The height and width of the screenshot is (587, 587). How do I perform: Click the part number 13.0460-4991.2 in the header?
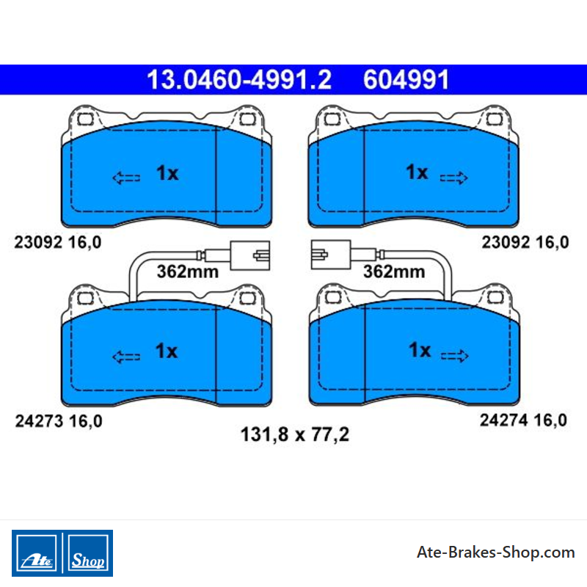pyautogui.click(x=239, y=80)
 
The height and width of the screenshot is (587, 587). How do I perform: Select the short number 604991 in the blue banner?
pyautogui.click(x=406, y=80)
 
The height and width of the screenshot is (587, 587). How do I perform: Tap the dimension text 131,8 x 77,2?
pyautogui.click(x=295, y=434)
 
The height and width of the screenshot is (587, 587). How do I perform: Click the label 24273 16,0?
pyautogui.click(x=59, y=421)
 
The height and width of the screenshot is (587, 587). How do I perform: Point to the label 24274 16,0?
pyautogui.click(x=523, y=420)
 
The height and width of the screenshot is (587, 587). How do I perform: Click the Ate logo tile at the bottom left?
pyautogui.click(x=37, y=553)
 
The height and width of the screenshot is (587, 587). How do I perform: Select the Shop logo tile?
pyautogui.click(x=88, y=553)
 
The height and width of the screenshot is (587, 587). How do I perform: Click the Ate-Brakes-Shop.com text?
pyautogui.click(x=496, y=553)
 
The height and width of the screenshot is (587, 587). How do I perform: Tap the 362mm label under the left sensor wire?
pyautogui.click(x=188, y=271)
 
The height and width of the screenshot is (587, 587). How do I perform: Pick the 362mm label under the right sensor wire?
pyautogui.click(x=394, y=271)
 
